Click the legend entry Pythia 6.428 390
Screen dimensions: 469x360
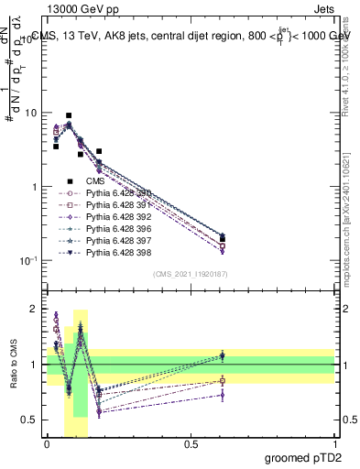pyautogui.click(x=118, y=193)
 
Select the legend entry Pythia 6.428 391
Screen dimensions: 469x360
pyautogui.click(x=118, y=205)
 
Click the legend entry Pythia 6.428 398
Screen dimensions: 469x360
pyautogui.click(x=118, y=253)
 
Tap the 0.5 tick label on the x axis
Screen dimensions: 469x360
pyautogui.click(x=191, y=444)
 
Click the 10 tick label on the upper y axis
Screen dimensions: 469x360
pyautogui.click(x=30, y=113)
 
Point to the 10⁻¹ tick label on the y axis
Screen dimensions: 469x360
pyautogui.click(x=28, y=260)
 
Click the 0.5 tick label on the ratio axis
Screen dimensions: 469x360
pyautogui.click(x=32, y=420)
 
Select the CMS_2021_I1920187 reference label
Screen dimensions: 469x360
pyautogui.click(x=190, y=274)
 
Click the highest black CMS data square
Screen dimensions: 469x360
pyautogui.click(x=69, y=116)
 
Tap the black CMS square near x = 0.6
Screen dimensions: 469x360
pyautogui.click(x=223, y=239)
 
